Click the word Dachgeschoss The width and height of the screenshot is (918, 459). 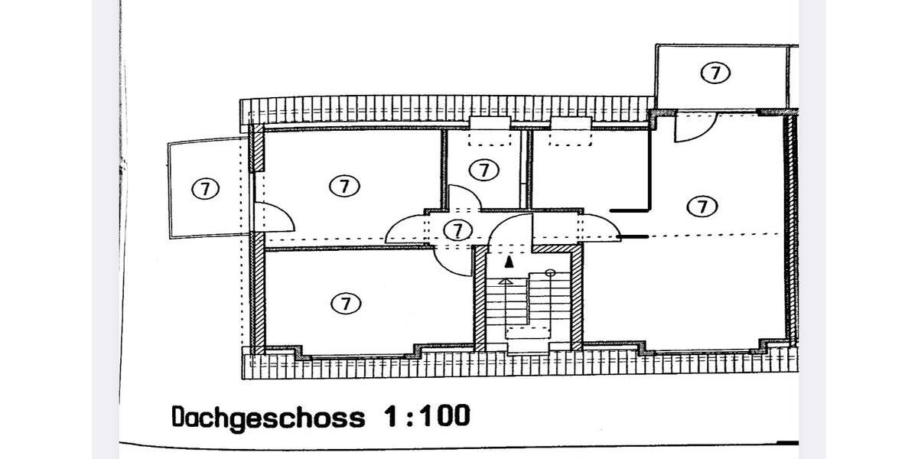(267, 418)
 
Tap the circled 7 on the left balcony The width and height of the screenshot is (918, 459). (204, 188)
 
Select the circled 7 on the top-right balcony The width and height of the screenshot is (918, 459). (715, 73)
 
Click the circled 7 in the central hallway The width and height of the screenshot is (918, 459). (457, 229)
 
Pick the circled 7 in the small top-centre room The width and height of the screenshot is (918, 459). (483, 170)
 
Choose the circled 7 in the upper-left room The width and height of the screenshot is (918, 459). (344, 185)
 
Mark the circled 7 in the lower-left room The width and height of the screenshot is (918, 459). (345, 304)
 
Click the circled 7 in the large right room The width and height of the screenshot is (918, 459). (702, 206)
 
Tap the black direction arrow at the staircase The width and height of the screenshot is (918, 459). (509, 262)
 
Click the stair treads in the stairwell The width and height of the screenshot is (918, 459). (528, 302)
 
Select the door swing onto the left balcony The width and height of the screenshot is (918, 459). (276, 218)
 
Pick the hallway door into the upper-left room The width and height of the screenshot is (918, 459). (405, 230)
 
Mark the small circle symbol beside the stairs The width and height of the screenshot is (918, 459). (550, 272)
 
